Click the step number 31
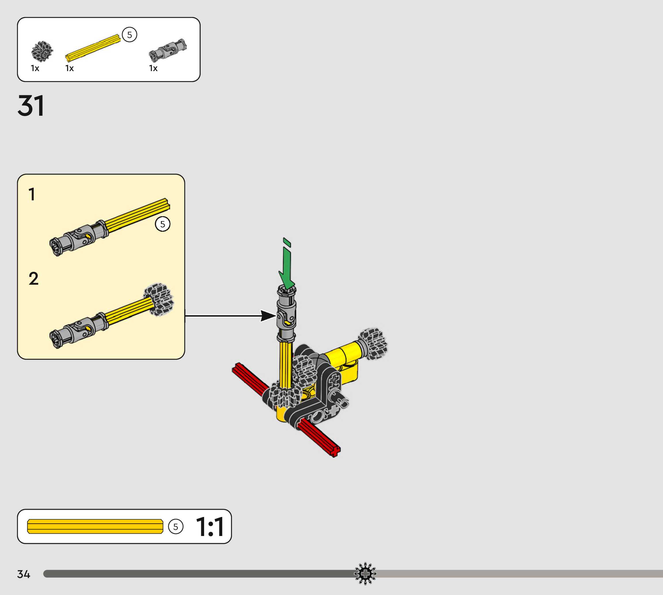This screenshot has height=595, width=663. point(31,106)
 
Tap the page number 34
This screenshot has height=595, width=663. point(24,574)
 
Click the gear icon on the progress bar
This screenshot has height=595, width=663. point(365,573)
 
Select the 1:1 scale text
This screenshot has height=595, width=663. point(210,527)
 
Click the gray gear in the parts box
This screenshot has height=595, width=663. point(42,51)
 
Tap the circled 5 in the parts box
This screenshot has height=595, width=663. point(130,35)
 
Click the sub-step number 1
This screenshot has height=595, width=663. point(32,194)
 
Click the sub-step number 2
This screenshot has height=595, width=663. point(33,279)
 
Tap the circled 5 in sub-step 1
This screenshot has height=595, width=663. point(162,224)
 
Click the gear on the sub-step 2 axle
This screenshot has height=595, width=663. point(159,299)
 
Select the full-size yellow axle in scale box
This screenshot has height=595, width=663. point(95,526)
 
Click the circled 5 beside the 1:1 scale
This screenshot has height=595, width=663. point(176,527)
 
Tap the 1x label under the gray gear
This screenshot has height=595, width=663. point(35,68)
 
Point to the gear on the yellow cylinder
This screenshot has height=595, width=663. point(373,344)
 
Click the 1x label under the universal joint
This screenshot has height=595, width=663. point(153,68)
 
